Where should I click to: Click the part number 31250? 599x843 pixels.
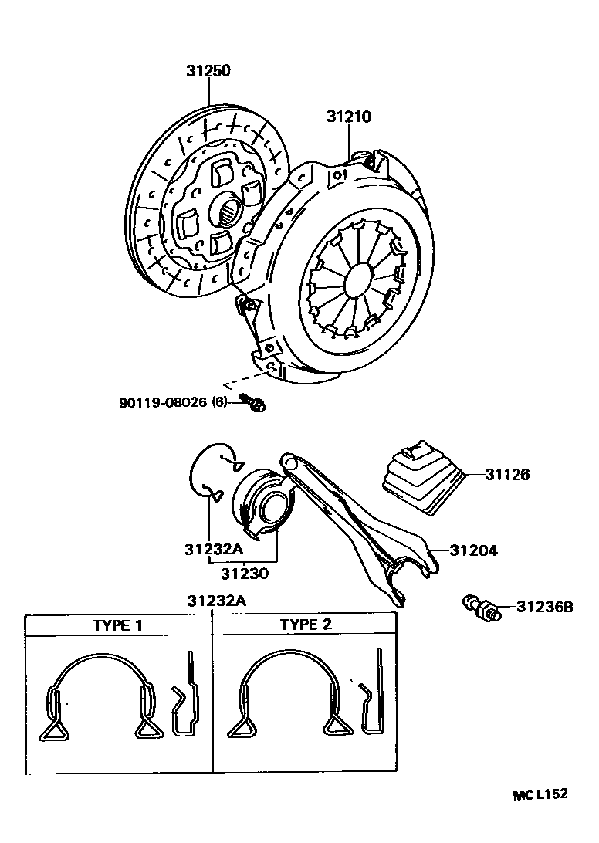(x=208, y=71)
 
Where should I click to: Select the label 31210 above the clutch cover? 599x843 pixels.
(x=348, y=117)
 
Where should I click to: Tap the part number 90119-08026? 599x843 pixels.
(x=163, y=402)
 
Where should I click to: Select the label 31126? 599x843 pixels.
(x=507, y=475)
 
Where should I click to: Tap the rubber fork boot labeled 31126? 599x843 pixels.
(x=421, y=475)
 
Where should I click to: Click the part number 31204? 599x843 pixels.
(x=473, y=550)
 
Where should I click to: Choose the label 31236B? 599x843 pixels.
(x=544, y=607)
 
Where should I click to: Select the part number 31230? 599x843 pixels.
(x=243, y=573)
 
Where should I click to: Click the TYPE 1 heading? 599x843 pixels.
(x=117, y=625)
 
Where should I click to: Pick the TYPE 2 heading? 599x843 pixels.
(x=305, y=625)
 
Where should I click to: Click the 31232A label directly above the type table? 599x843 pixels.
(x=215, y=601)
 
